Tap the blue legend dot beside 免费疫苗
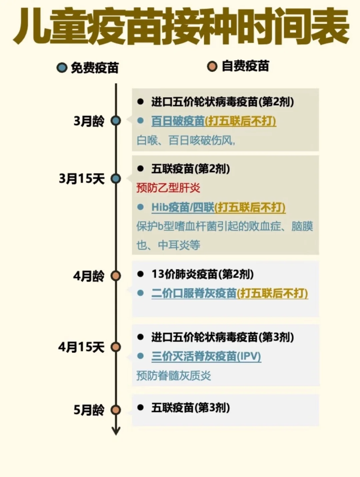[x=62, y=68]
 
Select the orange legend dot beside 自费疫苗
[x=212, y=66]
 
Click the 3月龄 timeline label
[x=89, y=121]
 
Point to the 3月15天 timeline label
[x=82, y=179]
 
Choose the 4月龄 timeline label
[x=89, y=276]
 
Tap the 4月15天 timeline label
[x=81, y=347]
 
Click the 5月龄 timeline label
[x=89, y=410]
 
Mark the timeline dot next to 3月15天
[x=116, y=179]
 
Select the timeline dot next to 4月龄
[x=116, y=276]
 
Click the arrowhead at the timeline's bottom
[x=116, y=431]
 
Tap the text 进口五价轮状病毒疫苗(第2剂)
[x=222, y=102]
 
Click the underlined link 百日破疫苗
[x=178, y=121]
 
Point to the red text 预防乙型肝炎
[x=168, y=188]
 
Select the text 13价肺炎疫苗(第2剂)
[x=202, y=274]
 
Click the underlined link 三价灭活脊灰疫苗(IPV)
[x=206, y=356]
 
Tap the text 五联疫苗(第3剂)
[x=190, y=407]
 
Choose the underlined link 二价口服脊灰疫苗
[x=194, y=293]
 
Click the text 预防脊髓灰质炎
[x=174, y=376]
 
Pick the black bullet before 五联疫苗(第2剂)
[x=140, y=169]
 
